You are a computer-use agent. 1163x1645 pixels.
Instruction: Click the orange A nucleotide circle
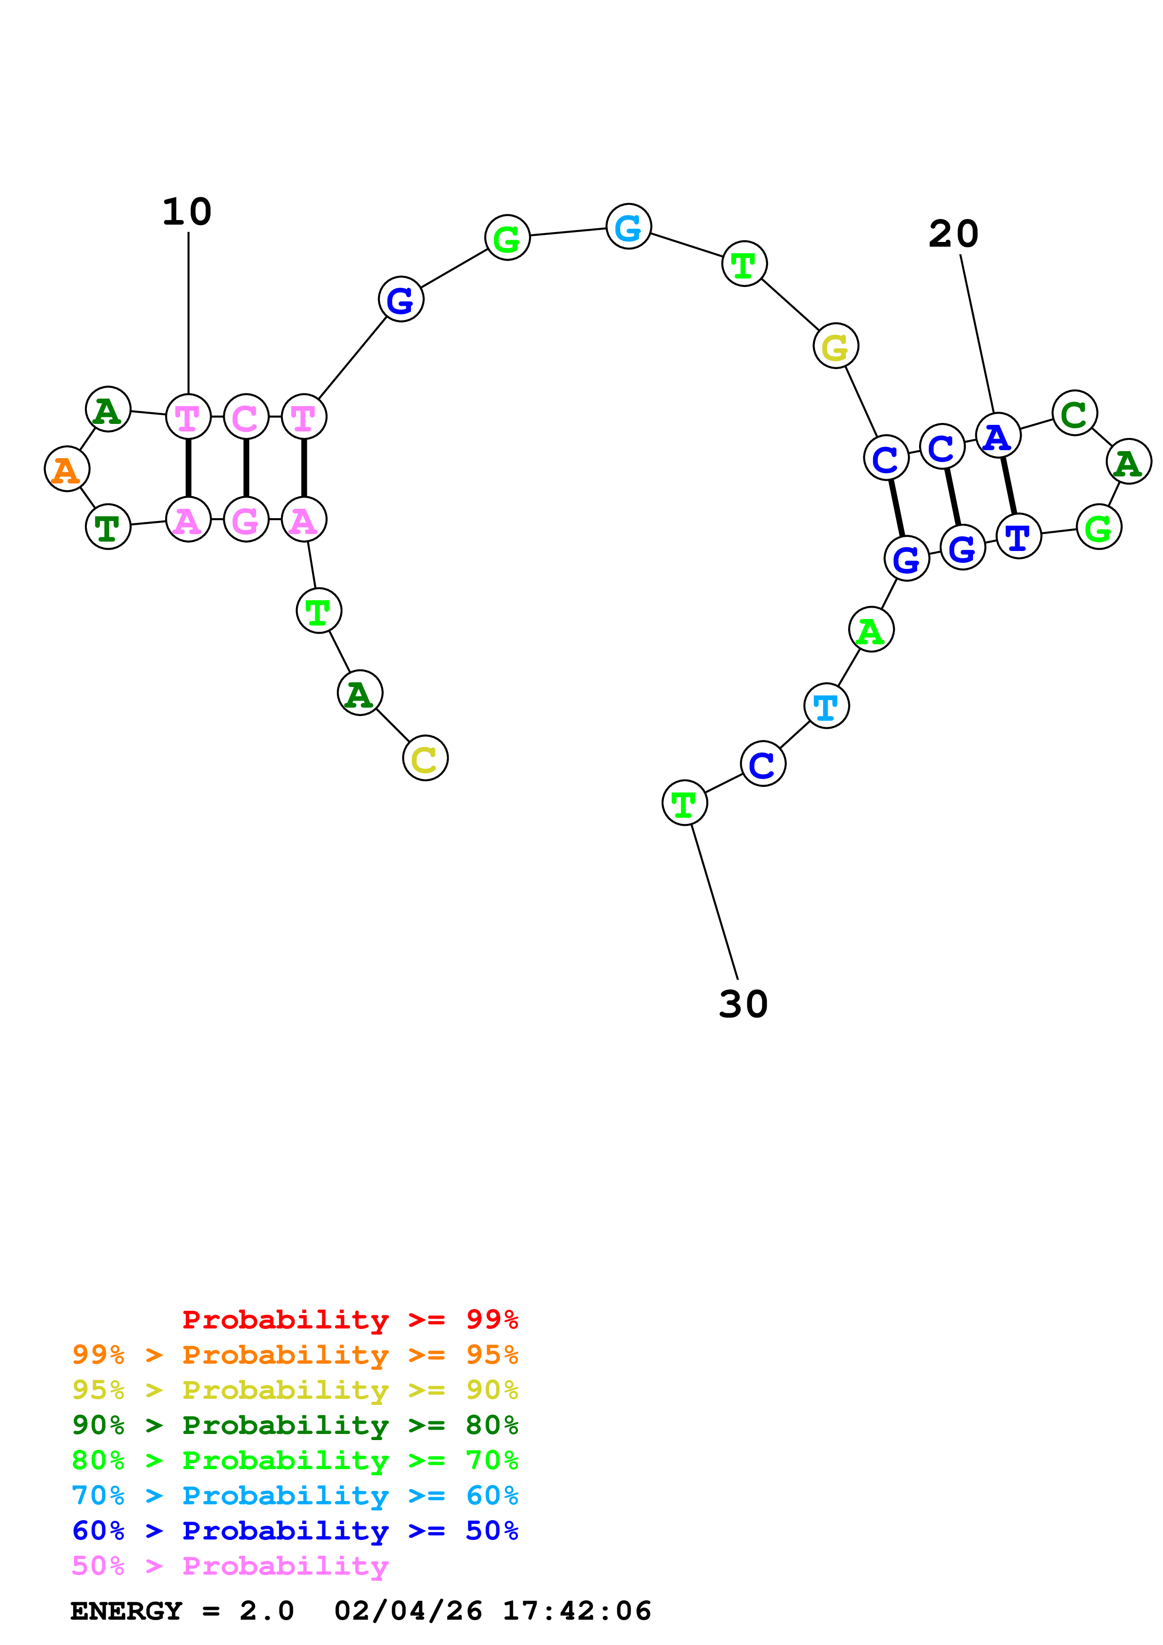pyautogui.click(x=67, y=469)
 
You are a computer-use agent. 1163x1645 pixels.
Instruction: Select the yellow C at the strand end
pyautogui.click(x=425, y=758)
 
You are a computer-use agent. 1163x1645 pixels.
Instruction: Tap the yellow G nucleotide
pyautogui.click(x=836, y=346)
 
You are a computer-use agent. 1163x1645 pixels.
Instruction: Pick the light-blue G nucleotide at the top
pyautogui.click(x=629, y=226)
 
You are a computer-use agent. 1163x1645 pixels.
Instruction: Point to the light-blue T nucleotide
pyautogui.click(x=826, y=706)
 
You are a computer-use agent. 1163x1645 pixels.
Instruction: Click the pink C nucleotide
pyautogui.click(x=246, y=416)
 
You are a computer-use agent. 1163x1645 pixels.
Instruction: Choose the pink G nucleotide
pyautogui.click(x=246, y=520)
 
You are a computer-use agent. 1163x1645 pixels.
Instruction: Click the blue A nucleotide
pyautogui.click(x=997, y=436)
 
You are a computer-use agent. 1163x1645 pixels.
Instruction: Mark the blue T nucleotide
pyautogui.click(x=1018, y=536)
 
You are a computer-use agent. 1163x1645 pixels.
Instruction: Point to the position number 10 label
pyautogui.click(x=187, y=212)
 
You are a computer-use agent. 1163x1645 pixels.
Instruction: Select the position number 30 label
pyautogui.click(x=743, y=1004)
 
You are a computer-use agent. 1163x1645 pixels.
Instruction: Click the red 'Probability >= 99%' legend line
pyautogui.click(x=350, y=1319)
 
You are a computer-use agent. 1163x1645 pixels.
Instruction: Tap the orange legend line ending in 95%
pyautogui.click(x=295, y=1354)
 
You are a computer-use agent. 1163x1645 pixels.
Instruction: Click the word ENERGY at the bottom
pyautogui.click(x=126, y=1611)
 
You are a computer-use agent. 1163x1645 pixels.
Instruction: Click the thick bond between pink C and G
pyautogui.click(x=246, y=468)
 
